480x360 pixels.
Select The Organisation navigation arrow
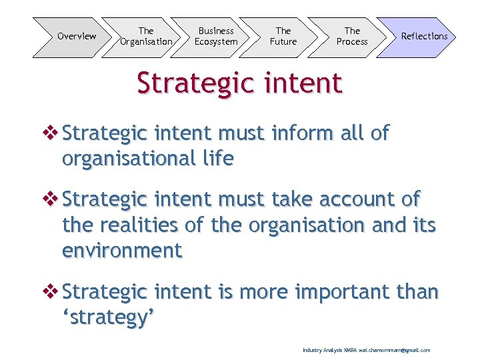point(146,37)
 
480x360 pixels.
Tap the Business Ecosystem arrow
point(216,37)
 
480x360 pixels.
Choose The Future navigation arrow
point(283,37)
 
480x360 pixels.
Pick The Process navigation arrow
point(352,37)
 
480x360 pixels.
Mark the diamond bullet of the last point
point(51,292)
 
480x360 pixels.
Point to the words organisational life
point(147,159)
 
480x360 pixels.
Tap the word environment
point(122,251)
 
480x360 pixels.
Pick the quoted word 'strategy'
point(109,317)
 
